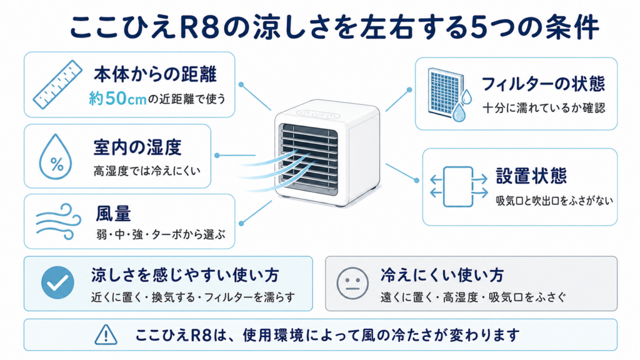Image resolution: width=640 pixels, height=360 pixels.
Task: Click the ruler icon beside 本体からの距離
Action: click(57, 84)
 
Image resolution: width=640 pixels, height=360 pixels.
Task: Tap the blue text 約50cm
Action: click(117, 98)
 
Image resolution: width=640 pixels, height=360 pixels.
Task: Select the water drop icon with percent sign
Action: click(56, 157)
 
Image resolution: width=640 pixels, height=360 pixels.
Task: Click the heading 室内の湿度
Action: click(137, 147)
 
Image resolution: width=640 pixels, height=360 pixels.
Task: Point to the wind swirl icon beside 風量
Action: click(58, 221)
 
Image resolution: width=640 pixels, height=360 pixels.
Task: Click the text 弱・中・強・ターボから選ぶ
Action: click(161, 234)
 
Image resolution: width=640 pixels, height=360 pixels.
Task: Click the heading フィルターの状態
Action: click(543, 84)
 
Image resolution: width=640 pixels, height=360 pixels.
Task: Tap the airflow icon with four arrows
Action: click(459, 186)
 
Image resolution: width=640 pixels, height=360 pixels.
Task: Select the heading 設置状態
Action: click(531, 176)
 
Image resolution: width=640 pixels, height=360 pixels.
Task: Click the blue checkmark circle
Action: click(57, 282)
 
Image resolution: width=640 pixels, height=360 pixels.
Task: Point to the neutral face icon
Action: click(352, 283)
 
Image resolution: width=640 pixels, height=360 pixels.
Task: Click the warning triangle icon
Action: click(106, 335)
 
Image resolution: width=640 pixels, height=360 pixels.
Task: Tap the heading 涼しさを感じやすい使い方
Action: click(185, 276)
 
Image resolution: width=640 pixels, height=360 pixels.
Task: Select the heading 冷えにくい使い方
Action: click(442, 276)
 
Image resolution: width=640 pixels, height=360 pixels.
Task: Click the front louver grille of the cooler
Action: click(309, 159)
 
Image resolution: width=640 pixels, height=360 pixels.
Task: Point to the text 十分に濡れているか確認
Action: click(544, 107)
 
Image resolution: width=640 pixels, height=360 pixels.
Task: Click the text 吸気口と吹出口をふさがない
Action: click(554, 201)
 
